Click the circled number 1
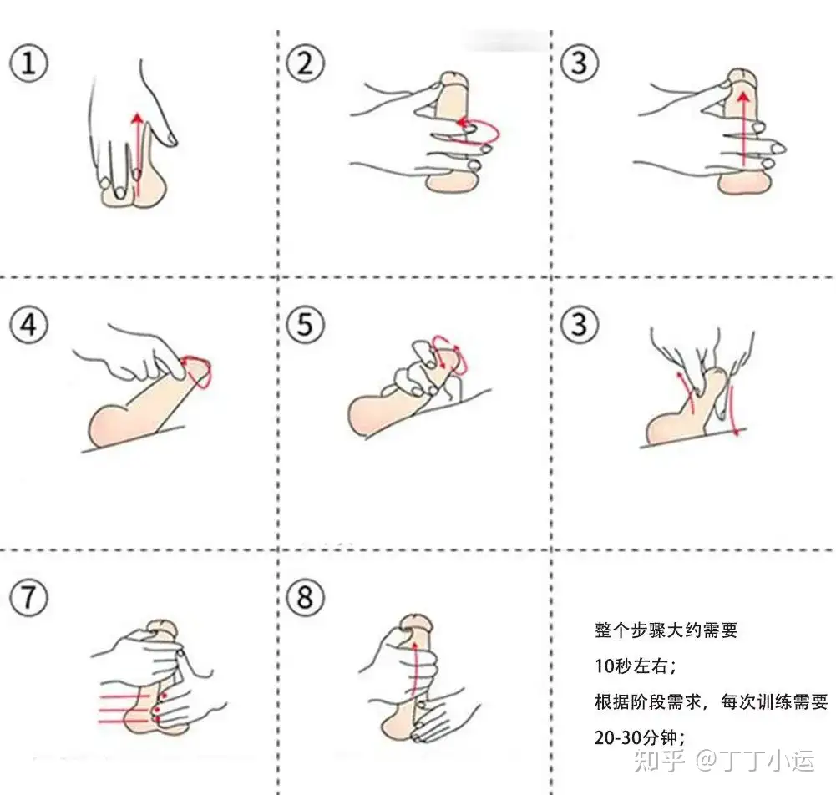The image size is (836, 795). [x=28, y=63]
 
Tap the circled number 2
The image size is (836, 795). [x=305, y=63]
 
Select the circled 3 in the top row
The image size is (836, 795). [x=580, y=63]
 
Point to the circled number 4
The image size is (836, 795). [x=28, y=324]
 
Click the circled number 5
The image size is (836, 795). [x=305, y=324]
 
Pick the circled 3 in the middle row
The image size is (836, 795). [x=580, y=324]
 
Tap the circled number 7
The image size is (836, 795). [x=28, y=597]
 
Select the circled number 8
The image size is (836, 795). [x=305, y=597]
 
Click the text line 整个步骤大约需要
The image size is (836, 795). [x=666, y=630]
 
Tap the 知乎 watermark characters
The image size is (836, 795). [x=659, y=760]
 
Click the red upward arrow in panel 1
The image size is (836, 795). [x=138, y=154]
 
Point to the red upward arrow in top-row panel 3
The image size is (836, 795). [x=742, y=128]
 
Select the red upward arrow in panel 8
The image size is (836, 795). [x=414, y=673]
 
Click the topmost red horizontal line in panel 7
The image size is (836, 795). [x=124, y=696]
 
